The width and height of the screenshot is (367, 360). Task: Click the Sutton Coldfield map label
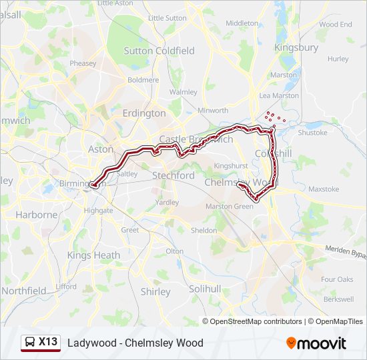click(x=159, y=51)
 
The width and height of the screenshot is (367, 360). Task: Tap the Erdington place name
click(x=144, y=113)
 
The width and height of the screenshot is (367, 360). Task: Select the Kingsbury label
click(x=297, y=48)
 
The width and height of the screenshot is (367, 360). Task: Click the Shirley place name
click(x=155, y=292)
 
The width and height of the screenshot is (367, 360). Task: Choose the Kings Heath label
click(x=94, y=255)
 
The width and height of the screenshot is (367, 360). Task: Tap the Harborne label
click(x=36, y=215)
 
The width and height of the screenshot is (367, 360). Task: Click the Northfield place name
click(x=24, y=291)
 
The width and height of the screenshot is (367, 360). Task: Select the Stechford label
click(x=173, y=176)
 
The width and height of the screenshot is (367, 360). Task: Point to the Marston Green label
click(x=230, y=207)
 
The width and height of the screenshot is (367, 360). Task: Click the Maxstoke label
click(x=324, y=189)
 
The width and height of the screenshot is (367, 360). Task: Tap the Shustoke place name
click(x=312, y=133)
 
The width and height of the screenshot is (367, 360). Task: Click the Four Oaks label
click(x=337, y=279)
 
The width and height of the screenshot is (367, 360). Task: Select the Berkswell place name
click(x=338, y=299)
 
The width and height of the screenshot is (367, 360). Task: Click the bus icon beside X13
click(x=30, y=343)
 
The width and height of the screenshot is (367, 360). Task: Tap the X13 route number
click(x=48, y=342)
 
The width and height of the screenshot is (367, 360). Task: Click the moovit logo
click(x=316, y=343)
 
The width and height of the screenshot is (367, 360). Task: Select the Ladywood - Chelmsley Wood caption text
click(x=135, y=343)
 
